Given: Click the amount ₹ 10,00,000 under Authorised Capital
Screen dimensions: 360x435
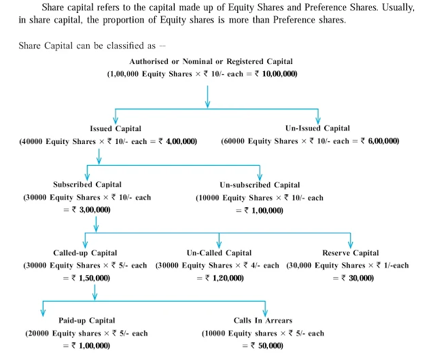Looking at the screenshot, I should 275,73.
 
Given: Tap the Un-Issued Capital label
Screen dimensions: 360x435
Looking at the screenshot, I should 318,128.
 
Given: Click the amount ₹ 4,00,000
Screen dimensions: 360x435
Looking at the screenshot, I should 175,141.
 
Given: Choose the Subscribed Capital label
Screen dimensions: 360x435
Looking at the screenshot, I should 87,185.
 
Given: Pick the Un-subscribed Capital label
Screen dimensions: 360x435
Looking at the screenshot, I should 260,185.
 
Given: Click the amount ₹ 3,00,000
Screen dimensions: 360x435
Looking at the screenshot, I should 90,210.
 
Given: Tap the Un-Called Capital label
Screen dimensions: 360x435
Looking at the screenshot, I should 219,253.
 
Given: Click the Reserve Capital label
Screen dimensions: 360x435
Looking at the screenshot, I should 351,253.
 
